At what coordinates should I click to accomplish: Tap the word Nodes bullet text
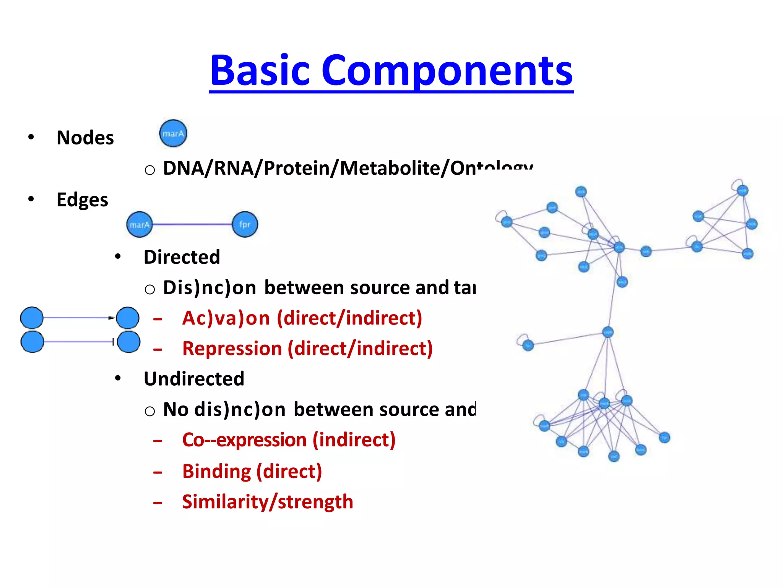[85, 138]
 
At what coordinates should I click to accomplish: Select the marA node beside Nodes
[173, 133]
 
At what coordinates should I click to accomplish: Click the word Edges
[82, 200]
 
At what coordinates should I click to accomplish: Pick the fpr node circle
[245, 224]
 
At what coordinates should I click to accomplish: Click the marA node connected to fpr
[140, 224]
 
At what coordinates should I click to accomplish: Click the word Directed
[182, 257]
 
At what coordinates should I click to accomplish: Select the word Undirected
[194, 379]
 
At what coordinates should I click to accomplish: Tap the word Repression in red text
[232, 349]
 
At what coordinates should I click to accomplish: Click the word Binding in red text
[216, 471]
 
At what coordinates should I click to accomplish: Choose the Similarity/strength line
[267, 502]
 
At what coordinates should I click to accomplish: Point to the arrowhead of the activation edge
[111, 318]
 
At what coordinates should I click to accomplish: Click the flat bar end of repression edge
[113, 342]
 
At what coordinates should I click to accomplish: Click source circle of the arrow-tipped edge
[32, 318]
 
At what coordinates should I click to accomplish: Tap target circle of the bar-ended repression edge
[128, 342]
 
